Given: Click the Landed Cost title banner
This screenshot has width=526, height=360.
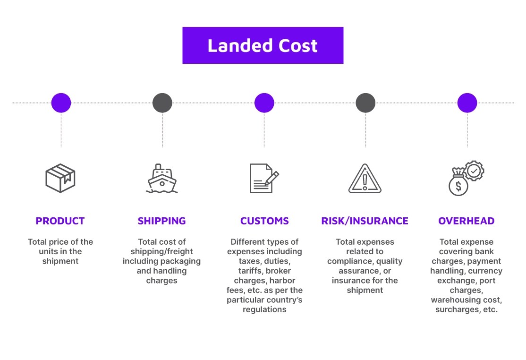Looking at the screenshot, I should click(x=263, y=45).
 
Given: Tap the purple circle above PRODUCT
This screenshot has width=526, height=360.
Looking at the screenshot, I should click(x=61, y=103).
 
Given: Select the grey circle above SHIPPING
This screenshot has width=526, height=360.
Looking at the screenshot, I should click(x=162, y=103).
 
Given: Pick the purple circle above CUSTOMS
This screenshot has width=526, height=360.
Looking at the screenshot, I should click(x=264, y=103).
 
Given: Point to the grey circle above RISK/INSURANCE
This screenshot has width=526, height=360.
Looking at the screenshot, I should click(x=365, y=103).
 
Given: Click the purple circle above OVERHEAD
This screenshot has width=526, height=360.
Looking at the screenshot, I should click(x=467, y=103).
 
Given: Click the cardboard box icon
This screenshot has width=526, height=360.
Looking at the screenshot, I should click(x=60, y=178).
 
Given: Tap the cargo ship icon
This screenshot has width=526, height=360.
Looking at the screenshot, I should click(x=162, y=179).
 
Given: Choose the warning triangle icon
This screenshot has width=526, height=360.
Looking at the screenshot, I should click(x=365, y=179).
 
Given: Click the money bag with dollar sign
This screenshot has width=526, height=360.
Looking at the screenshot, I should click(x=458, y=183).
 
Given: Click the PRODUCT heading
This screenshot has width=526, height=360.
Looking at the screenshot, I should click(x=60, y=221).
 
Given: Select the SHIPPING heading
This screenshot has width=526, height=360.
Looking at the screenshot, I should click(x=162, y=221).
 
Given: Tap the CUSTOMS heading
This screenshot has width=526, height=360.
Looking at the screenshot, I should click(x=264, y=221).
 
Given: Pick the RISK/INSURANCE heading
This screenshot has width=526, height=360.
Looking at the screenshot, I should click(x=365, y=221).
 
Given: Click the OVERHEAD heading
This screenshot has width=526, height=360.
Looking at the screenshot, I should click(x=467, y=221).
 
